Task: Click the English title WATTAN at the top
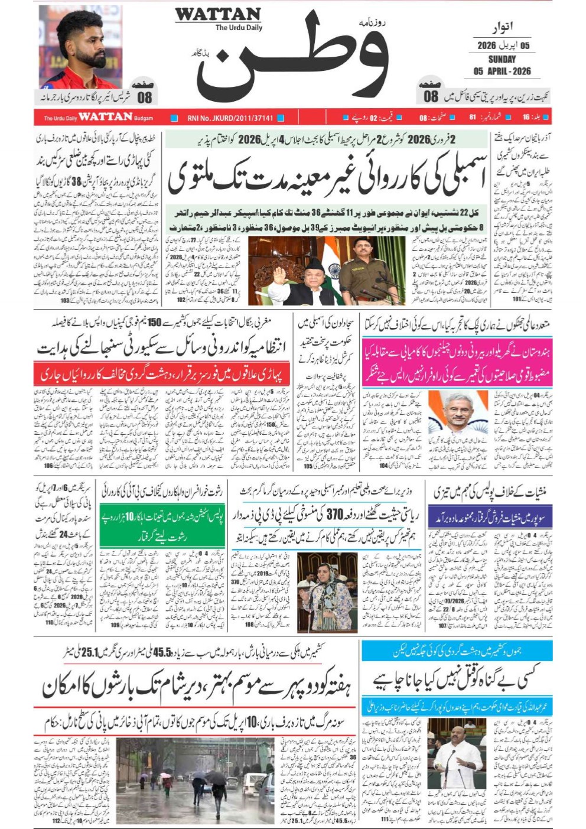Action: [x=218, y=14]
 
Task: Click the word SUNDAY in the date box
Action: [x=502, y=59]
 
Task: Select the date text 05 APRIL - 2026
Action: [x=502, y=71]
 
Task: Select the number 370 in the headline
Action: [x=335, y=515]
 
